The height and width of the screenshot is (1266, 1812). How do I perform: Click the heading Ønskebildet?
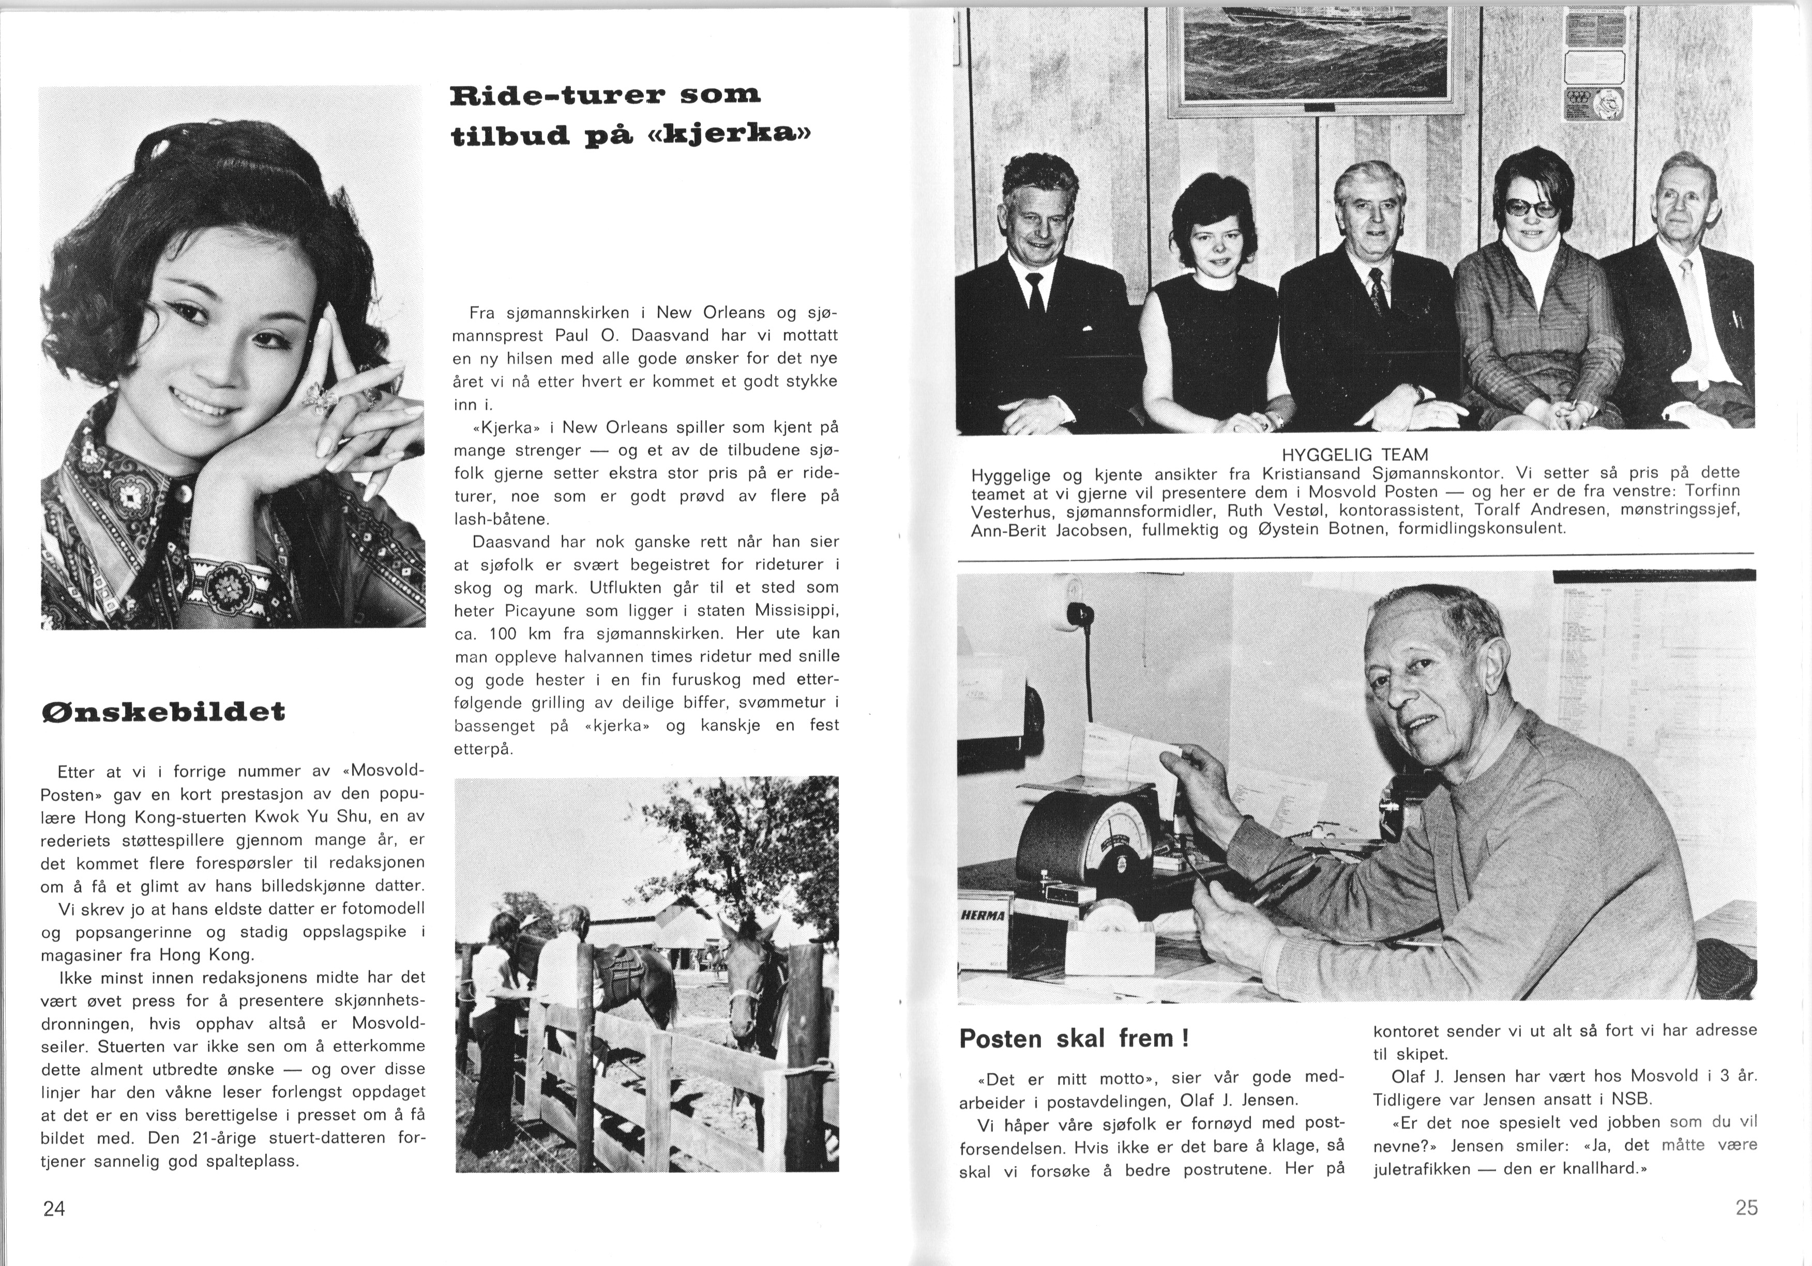[x=162, y=712]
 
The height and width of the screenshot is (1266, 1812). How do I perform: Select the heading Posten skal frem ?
[x=1074, y=1039]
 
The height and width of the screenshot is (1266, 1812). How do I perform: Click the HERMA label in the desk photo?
[x=984, y=916]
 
